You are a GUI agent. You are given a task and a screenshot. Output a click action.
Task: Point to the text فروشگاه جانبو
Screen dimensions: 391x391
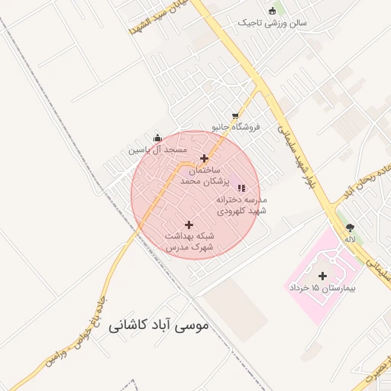(x=236, y=127)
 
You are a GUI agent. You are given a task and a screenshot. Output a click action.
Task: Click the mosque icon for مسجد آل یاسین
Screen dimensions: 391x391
(x=157, y=138)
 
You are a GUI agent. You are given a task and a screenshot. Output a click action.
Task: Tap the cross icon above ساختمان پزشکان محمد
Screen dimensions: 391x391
(x=203, y=158)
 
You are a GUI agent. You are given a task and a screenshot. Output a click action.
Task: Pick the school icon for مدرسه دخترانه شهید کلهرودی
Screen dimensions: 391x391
(x=241, y=187)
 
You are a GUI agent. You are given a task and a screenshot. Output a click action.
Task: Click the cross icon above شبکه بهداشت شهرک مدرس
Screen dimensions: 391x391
(x=189, y=224)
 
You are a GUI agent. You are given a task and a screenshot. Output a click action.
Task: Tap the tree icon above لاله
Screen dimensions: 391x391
(x=350, y=228)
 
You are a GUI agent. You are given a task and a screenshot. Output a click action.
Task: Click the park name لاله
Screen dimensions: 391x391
(x=350, y=239)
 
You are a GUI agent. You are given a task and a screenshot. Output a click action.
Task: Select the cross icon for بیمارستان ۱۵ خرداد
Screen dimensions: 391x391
(x=322, y=276)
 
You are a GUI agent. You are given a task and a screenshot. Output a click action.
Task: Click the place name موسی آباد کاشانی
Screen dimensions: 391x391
(x=158, y=326)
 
